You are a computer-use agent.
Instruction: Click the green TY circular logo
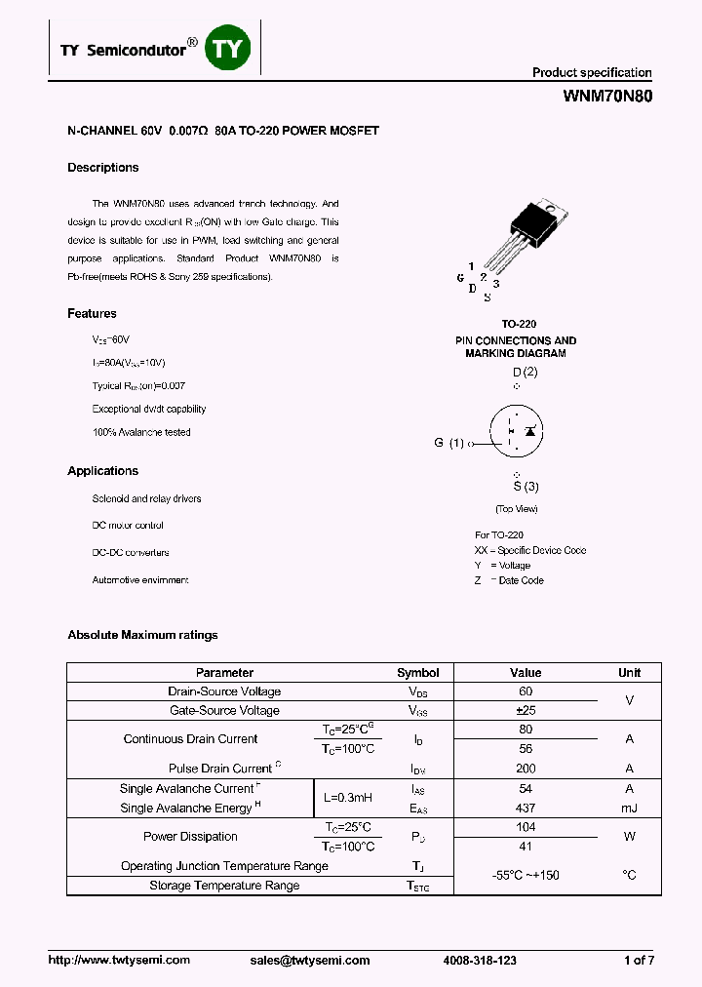pos(228,48)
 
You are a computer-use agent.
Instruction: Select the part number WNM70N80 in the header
pos(608,97)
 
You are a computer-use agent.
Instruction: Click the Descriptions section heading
pos(102,168)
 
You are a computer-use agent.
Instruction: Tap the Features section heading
pos(92,314)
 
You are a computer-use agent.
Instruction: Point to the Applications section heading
pos(102,471)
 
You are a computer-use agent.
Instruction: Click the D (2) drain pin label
pos(525,373)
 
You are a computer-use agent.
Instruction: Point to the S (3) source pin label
pos(526,487)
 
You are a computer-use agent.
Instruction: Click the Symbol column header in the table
pos(417,673)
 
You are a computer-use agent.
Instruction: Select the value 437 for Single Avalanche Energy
pos(526,809)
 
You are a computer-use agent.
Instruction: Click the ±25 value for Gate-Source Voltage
pos(526,711)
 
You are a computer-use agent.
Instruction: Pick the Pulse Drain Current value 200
pos(526,769)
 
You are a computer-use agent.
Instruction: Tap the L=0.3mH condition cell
pos(348,799)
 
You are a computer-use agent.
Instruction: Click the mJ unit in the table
pos(629,809)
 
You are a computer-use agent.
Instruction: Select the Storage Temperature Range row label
pos(224,886)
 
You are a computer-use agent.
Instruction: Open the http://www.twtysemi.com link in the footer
pos(119,961)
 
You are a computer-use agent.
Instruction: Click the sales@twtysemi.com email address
pos(310,961)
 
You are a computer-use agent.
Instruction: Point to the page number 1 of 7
pos(639,961)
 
